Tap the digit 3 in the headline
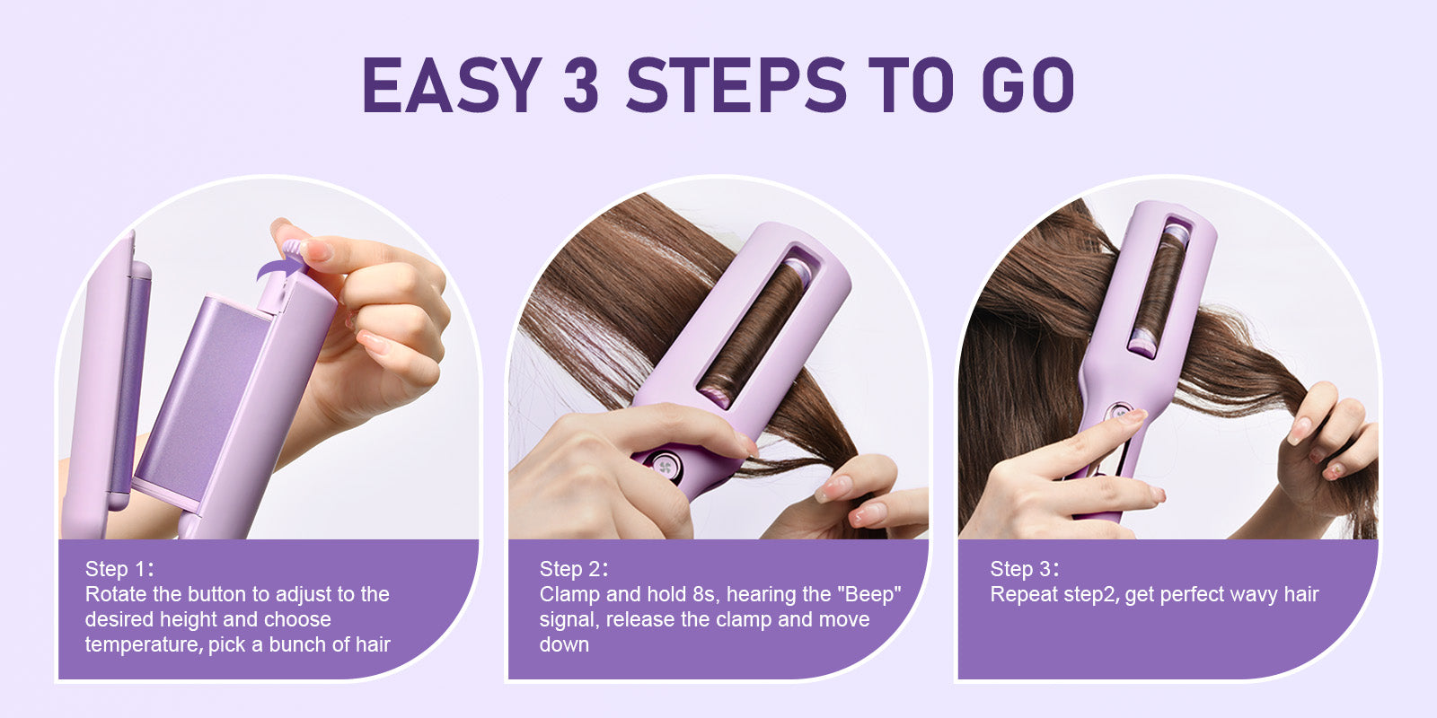(x=581, y=85)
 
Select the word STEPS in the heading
(x=736, y=85)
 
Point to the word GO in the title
(x=1028, y=85)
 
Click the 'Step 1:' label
(x=119, y=569)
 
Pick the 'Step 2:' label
(x=574, y=569)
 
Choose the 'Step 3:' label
(x=1025, y=569)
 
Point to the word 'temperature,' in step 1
(x=144, y=644)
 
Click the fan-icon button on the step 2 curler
(x=666, y=467)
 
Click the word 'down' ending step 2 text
(x=564, y=644)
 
